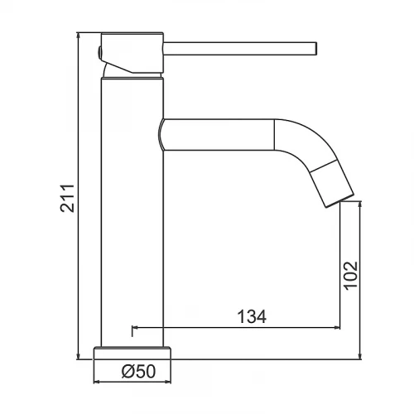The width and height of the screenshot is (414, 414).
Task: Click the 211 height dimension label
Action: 67,198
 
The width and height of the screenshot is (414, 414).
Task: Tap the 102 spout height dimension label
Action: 351,276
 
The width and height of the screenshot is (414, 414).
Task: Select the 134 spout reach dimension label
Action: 252,316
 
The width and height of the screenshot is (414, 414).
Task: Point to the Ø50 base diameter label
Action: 138,371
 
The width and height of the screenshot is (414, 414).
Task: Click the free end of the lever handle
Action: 315,49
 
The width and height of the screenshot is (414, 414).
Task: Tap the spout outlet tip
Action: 339,200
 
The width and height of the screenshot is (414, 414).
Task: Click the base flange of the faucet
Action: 132,353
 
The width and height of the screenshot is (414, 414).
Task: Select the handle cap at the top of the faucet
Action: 132,53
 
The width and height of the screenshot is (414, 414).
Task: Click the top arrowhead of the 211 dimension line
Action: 79,35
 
